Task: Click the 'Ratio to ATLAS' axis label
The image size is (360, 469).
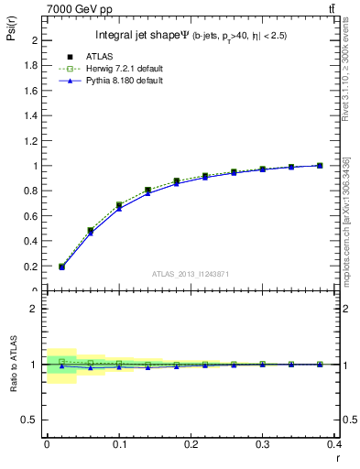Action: point(12,365)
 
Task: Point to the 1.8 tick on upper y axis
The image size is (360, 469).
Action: point(34,66)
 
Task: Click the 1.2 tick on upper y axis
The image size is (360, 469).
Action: point(34,141)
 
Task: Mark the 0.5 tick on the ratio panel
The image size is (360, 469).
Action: point(34,420)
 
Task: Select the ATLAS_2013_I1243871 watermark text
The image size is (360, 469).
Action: point(191,274)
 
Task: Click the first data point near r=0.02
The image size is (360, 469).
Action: point(61,267)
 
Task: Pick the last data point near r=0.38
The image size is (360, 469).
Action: point(320,166)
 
